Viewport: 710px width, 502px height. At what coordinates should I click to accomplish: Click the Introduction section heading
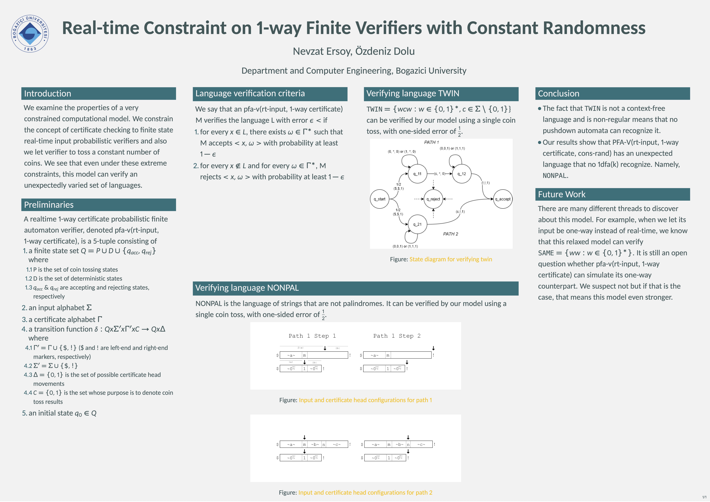click(x=48, y=93)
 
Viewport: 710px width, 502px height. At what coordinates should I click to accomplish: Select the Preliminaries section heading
click(x=49, y=205)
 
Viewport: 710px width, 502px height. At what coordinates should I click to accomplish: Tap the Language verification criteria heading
click(x=250, y=93)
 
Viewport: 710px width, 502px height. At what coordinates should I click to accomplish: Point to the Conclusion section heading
click(x=558, y=93)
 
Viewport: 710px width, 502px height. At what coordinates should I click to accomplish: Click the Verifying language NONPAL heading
click(x=247, y=288)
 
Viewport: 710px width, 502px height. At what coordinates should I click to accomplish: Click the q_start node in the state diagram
click(x=379, y=199)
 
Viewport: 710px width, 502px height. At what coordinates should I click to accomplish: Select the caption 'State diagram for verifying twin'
click(x=451, y=259)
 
